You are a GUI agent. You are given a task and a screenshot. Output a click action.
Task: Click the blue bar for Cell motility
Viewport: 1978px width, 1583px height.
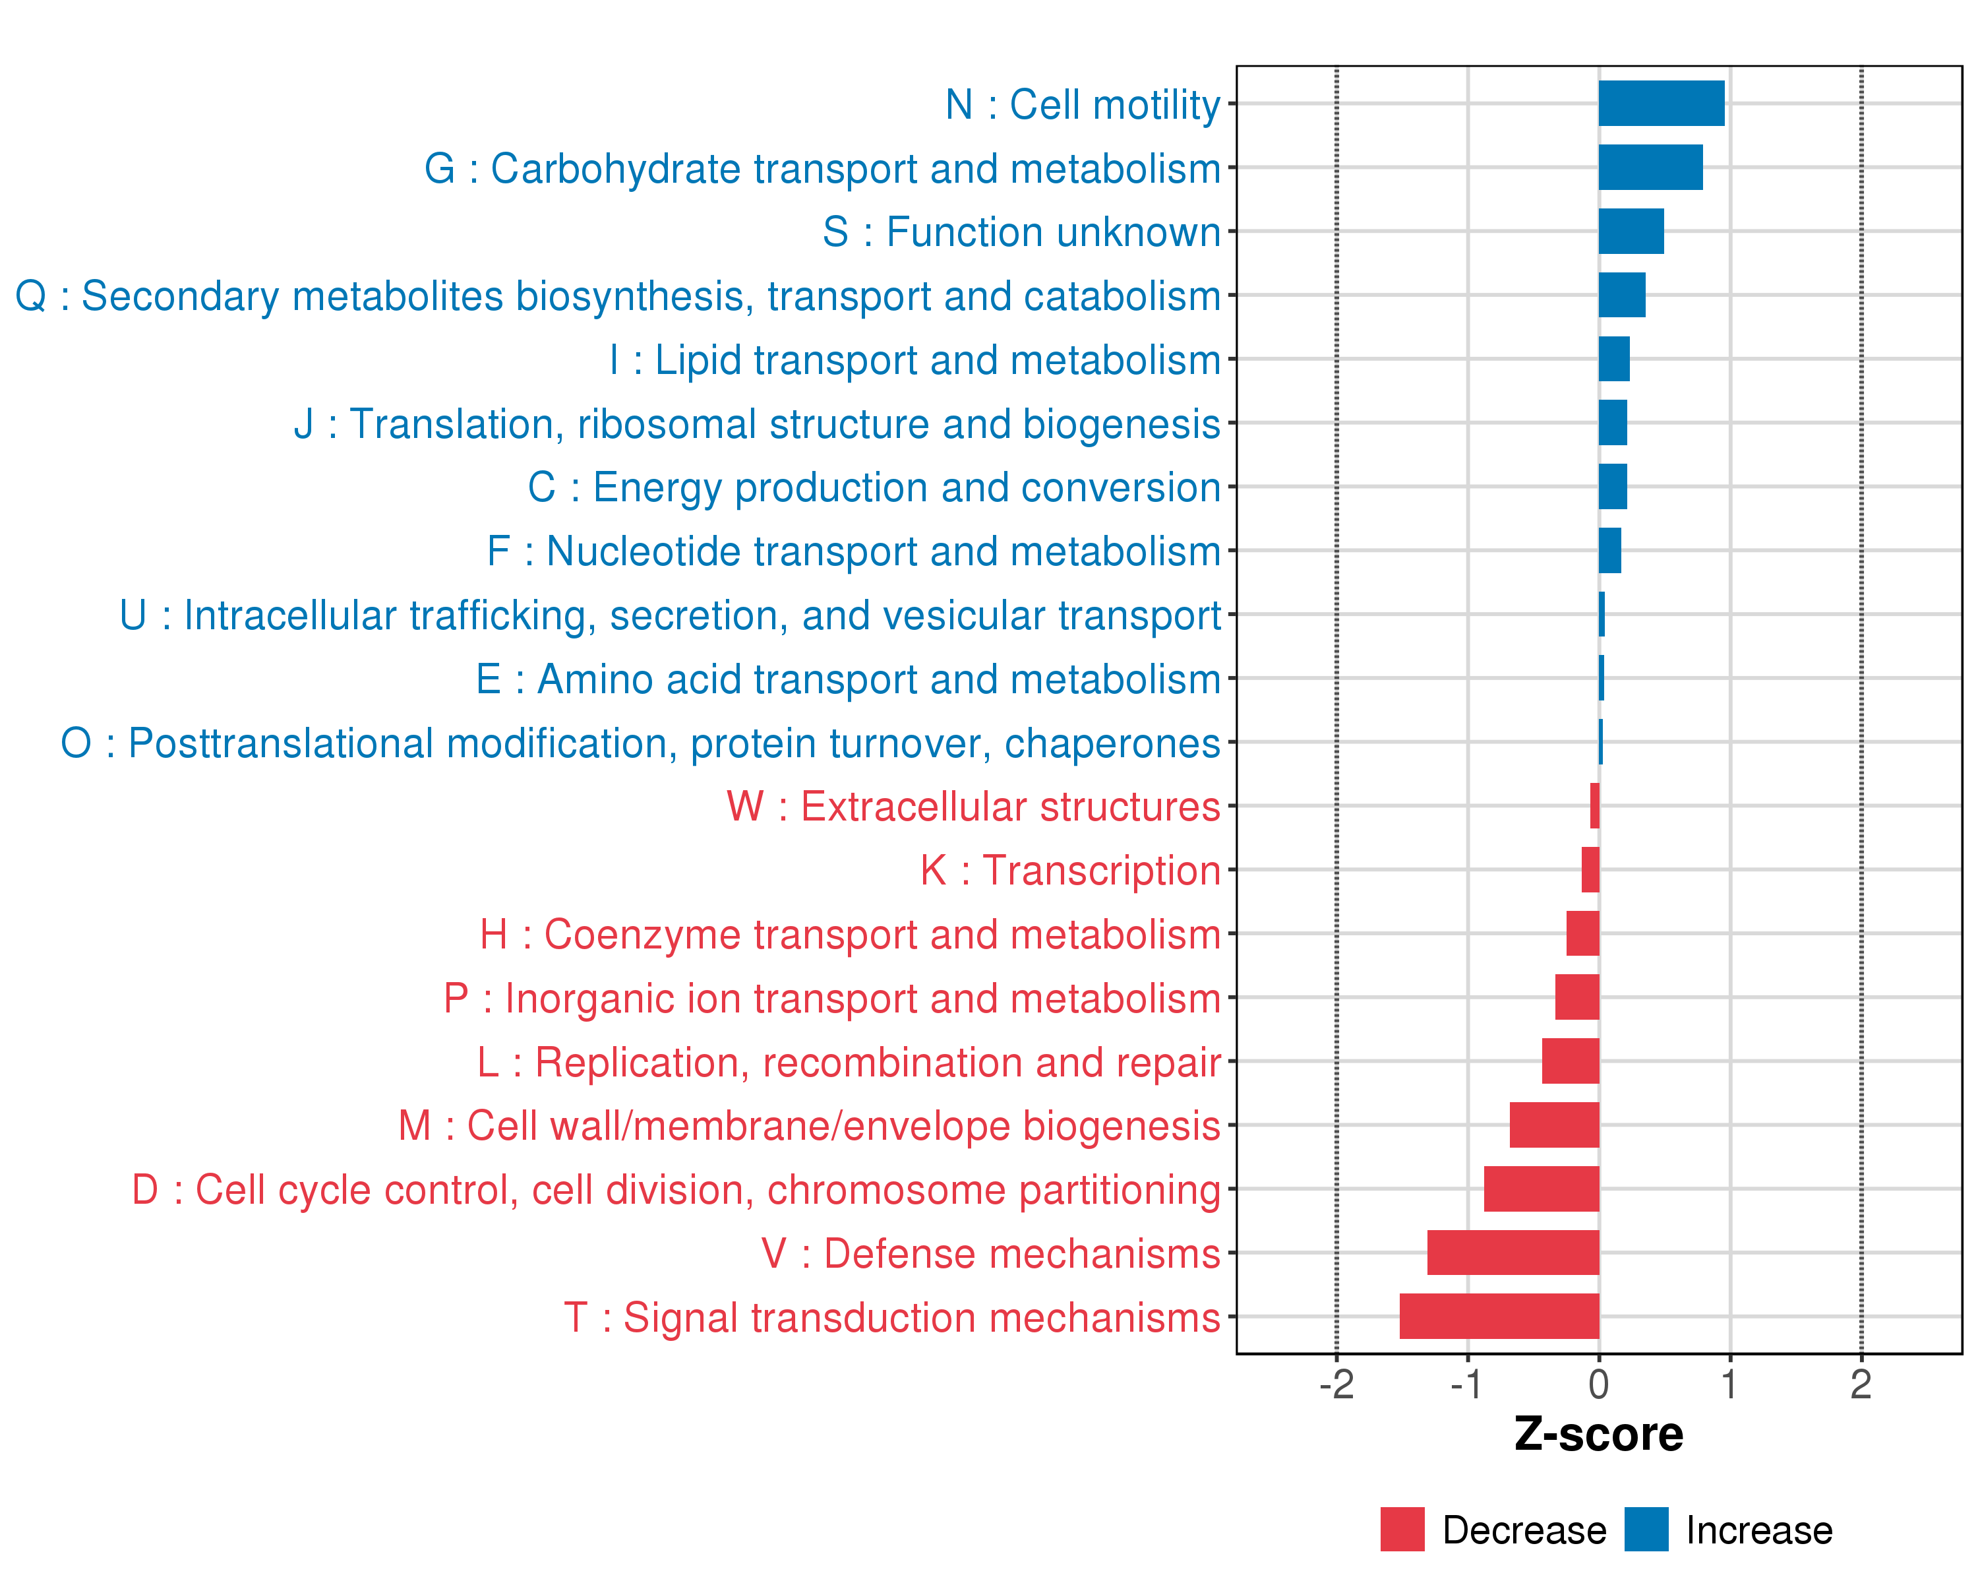(x=1661, y=104)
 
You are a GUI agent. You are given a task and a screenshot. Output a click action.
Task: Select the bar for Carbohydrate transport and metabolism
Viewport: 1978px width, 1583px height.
(x=1650, y=167)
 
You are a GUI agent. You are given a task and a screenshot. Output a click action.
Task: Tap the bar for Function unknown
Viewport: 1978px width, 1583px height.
(x=1631, y=232)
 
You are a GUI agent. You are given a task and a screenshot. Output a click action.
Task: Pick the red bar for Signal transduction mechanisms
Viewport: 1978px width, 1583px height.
(x=1499, y=1316)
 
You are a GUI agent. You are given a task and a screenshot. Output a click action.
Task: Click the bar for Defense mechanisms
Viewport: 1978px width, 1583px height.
(x=1513, y=1253)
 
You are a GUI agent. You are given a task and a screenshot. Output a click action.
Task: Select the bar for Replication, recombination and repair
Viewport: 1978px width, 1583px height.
(x=1570, y=1061)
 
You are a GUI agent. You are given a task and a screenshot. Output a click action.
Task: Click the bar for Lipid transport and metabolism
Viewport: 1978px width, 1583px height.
(x=1614, y=359)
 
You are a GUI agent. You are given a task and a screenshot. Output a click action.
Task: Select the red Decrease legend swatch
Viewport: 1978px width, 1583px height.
(x=1402, y=1530)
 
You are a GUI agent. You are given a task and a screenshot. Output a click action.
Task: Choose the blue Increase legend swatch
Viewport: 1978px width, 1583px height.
(x=1646, y=1530)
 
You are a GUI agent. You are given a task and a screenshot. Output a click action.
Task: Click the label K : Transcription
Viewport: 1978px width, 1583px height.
(x=1069, y=870)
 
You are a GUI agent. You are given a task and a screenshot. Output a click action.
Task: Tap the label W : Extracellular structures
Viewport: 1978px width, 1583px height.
(x=973, y=807)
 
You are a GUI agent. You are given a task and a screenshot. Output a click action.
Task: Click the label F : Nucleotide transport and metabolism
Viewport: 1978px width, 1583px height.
(x=853, y=551)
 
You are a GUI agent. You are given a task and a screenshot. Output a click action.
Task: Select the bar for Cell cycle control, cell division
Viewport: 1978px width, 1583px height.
(x=1542, y=1189)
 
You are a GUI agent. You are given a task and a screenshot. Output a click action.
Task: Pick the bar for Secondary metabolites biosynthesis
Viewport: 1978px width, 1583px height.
(x=1621, y=295)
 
